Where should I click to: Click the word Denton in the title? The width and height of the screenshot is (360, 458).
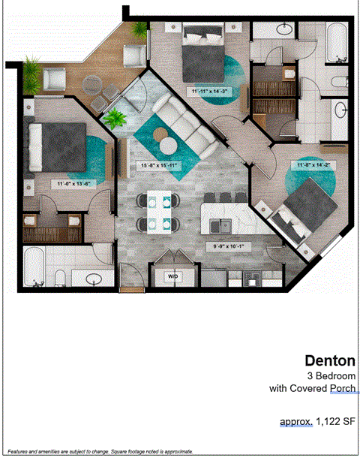click(x=330, y=361)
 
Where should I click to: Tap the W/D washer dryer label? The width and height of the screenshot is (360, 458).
click(x=173, y=276)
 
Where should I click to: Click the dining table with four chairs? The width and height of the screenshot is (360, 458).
click(x=158, y=212)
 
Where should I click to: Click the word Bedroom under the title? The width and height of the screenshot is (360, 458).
click(x=334, y=375)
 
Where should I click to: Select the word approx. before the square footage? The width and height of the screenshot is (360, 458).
click(x=296, y=422)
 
